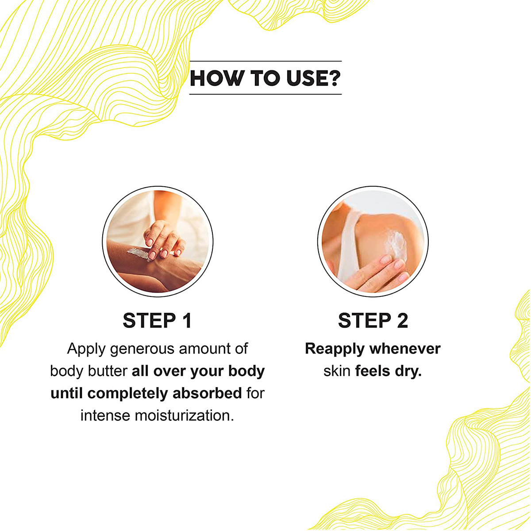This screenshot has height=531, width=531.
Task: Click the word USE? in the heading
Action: click(313, 78)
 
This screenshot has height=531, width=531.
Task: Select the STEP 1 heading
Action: click(157, 320)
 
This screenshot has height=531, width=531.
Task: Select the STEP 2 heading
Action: click(373, 320)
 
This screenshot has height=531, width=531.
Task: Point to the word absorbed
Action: click(207, 393)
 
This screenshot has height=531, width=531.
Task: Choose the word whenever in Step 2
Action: click(405, 349)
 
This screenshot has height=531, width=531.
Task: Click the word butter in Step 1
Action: click(108, 371)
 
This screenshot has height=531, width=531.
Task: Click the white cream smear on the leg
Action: click(138, 254)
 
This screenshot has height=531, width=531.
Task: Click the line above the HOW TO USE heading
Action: click(265, 61)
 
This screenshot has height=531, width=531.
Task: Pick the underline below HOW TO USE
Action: click(265, 94)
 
